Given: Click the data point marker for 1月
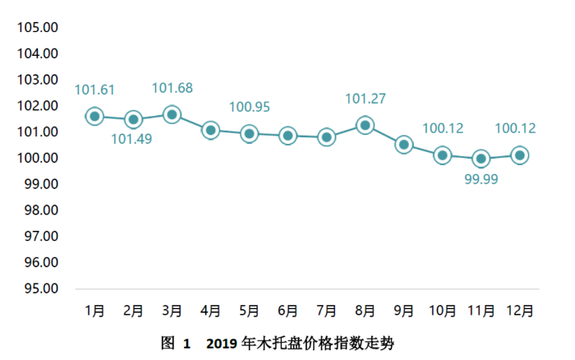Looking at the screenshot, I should click(x=94, y=117).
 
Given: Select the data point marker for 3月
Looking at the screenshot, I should click(x=172, y=114).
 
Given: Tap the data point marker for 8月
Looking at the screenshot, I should click(x=366, y=125).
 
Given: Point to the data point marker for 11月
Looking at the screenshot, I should click(x=481, y=158).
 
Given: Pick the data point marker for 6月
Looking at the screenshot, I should click(x=287, y=136).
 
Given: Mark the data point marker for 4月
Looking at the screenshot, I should click(x=210, y=130).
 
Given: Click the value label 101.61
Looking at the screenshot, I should click(x=96, y=90).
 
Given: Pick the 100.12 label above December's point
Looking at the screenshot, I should click(x=516, y=128).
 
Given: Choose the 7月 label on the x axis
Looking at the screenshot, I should click(x=326, y=311).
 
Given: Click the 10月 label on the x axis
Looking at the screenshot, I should click(x=443, y=311).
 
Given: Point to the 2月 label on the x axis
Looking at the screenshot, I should click(x=133, y=311).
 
